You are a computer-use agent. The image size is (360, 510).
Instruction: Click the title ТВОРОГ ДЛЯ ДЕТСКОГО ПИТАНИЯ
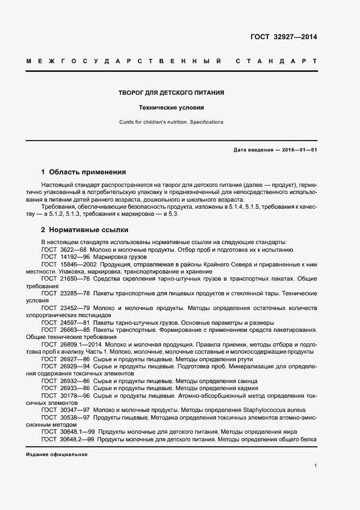(x=172, y=93)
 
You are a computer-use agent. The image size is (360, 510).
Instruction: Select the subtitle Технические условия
(x=172, y=108)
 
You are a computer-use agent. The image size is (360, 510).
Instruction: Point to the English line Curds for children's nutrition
(x=172, y=122)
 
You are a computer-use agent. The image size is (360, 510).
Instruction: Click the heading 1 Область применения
(x=83, y=172)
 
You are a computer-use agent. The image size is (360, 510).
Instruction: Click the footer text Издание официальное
(x=56, y=454)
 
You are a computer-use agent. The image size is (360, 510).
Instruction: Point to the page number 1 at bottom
(x=316, y=466)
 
